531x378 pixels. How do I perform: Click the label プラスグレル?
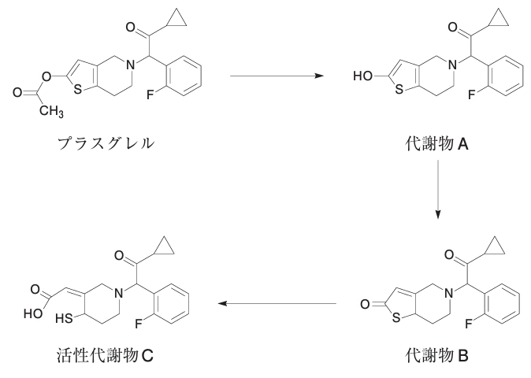(x=106, y=143)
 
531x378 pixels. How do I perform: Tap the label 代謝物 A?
(x=437, y=144)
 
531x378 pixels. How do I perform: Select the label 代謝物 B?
(x=437, y=356)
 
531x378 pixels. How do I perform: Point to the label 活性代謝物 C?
(x=105, y=356)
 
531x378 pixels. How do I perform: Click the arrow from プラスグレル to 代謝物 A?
(x=277, y=76)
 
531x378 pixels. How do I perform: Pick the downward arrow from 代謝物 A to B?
(x=438, y=190)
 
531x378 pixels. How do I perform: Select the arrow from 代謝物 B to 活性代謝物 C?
(x=277, y=303)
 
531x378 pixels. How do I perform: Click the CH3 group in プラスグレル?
(x=51, y=111)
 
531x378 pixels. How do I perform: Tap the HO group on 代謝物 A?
(x=362, y=76)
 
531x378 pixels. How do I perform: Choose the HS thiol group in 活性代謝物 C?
(x=64, y=318)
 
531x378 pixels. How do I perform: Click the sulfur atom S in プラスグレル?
(x=77, y=89)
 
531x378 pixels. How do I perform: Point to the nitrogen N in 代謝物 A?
(x=451, y=65)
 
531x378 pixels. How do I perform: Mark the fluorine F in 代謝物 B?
(x=468, y=324)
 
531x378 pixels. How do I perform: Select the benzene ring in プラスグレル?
(x=184, y=76)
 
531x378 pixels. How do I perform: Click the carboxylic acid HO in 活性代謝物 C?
(x=33, y=313)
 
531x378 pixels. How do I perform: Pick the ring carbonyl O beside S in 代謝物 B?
(x=365, y=304)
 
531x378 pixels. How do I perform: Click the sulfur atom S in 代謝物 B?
(x=396, y=318)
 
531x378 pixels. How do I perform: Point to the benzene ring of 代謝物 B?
(x=502, y=304)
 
